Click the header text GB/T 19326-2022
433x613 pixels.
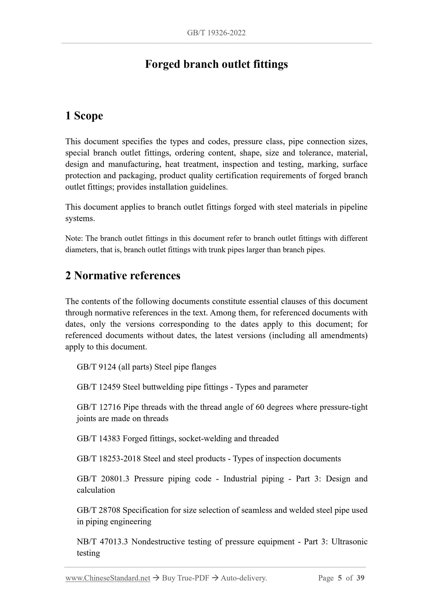216,33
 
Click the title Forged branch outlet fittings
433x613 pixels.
216,64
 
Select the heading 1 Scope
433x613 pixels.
84,116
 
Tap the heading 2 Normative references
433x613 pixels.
123,275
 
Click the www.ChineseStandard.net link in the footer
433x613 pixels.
108,578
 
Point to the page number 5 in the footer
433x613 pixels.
340,578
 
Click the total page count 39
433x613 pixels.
360,578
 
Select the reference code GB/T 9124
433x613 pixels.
96,367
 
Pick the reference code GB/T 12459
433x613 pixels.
98,387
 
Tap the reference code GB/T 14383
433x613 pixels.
98,438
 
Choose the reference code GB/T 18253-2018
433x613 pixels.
109,458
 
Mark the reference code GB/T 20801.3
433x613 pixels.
103,479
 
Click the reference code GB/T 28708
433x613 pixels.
98,510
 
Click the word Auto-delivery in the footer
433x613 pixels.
244,578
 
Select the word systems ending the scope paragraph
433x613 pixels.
80,218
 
